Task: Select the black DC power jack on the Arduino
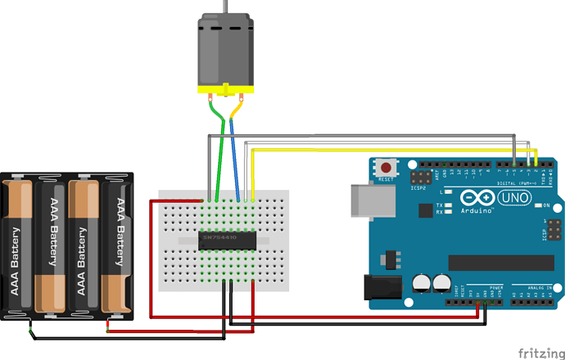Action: pos(381,289)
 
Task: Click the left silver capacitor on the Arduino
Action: pos(423,283)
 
